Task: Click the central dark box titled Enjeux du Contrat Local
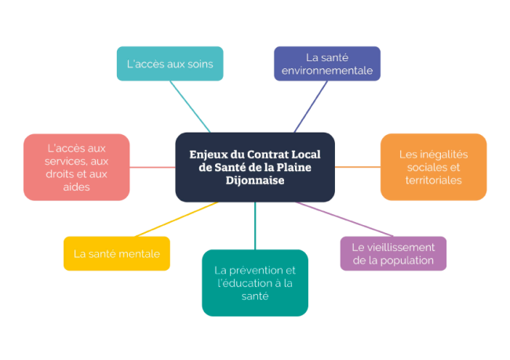pos(255,167)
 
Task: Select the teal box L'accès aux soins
pos(170,64)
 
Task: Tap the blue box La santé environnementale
pos(326,64)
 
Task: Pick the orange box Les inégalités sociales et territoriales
pos(433,167)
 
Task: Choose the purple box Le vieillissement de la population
pos(393,253)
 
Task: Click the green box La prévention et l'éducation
pos(255,282)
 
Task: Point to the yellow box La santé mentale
pos(117,253)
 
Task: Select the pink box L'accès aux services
pos(76,167)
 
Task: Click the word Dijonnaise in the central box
pos(255,180)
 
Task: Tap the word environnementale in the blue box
pos(327,71)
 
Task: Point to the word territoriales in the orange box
pos(433,180)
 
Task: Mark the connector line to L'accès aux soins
pos(190,107)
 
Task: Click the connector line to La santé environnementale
pos(311,107)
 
